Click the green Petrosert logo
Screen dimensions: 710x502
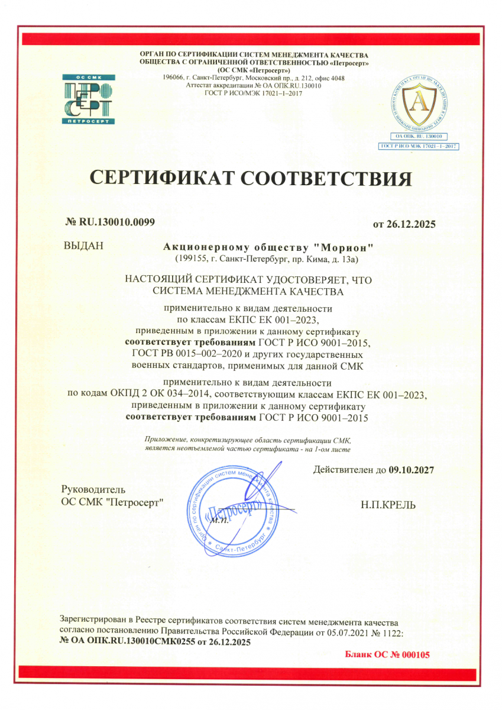coord(89,99)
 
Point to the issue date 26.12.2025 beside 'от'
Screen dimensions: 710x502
coord(410,224)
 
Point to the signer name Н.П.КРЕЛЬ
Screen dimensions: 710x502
coord(388,505)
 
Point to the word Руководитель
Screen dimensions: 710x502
coord(93,490)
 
